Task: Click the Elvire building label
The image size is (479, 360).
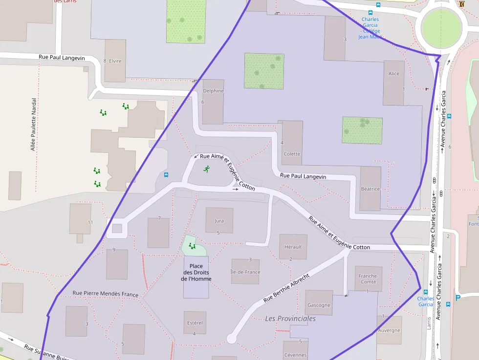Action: (x=115, y=61)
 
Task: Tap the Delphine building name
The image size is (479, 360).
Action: (x=213, y=91)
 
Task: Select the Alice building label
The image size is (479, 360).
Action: (x=393, y=74)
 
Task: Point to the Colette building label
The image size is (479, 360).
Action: (x=292, y=154)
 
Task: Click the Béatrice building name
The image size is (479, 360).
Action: (x=370, y=189)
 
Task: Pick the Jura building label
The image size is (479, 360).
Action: (x=219, y=221)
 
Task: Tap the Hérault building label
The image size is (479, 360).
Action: (x=293, y=247)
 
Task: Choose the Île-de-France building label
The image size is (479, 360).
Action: (x=245, y=272)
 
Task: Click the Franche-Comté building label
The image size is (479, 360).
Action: (x=368, y=278)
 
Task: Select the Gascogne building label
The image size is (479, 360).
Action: (x=319, y=305)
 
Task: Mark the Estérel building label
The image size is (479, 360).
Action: (x=195, y=323)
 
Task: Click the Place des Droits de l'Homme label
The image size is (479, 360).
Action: (x=196, y=273)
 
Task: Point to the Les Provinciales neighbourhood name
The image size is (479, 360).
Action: (x=290, y=318)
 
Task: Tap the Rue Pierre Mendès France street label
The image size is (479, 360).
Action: (x=105, y=294)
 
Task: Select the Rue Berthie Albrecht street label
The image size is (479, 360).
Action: (x=286, y=288)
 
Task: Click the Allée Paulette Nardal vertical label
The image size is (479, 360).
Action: (x=34, y=124)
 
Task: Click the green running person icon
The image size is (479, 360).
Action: (x=207, y=169)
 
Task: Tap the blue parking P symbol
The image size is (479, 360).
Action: (x=458, y=297)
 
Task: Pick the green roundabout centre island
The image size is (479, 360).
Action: (x=441, y=29)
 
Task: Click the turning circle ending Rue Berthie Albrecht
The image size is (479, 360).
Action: (x=231, y=339)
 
